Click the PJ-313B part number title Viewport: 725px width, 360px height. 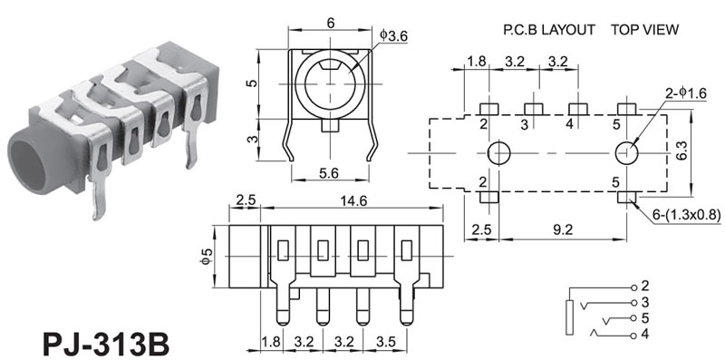(106, 343)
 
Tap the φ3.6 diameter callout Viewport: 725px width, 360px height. (394, 35)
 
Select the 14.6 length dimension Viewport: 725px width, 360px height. (353, 200)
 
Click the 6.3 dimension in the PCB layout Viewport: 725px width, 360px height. (681, 150)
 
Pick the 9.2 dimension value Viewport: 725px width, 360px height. (563, 230)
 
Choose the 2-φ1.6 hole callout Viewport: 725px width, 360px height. (686, 93)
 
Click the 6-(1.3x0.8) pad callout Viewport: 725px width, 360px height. (687, 215)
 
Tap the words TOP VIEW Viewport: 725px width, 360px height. (644, 30)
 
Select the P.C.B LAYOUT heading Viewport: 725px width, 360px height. (549, 30)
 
